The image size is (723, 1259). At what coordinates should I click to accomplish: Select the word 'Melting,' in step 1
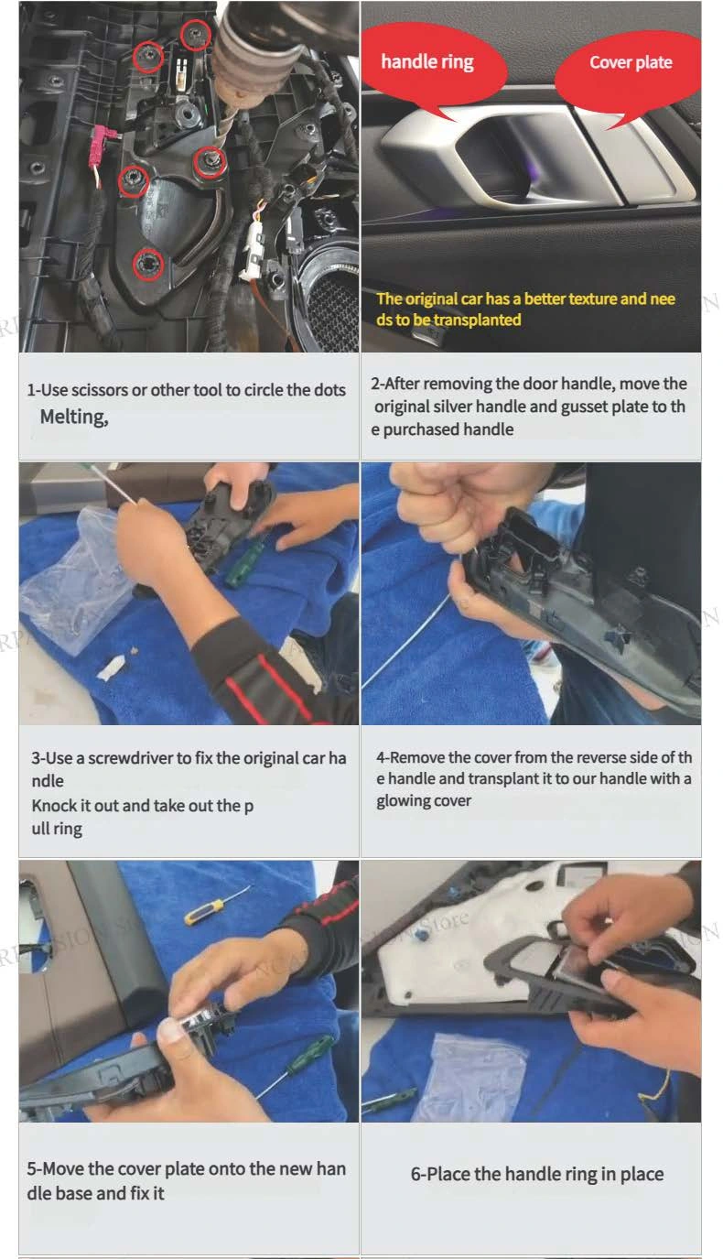[74, 417]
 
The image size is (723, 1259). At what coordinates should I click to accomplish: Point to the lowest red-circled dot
[147, 263]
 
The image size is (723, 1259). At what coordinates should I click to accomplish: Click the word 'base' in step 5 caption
[75, 1193]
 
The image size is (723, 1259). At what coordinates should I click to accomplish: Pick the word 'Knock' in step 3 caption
[53, 806]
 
